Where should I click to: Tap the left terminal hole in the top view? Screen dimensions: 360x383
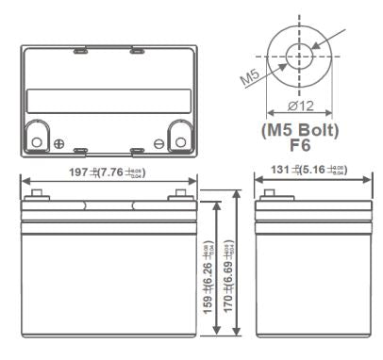coord(37,142)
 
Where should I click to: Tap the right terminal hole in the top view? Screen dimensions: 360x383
coord(179,142)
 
